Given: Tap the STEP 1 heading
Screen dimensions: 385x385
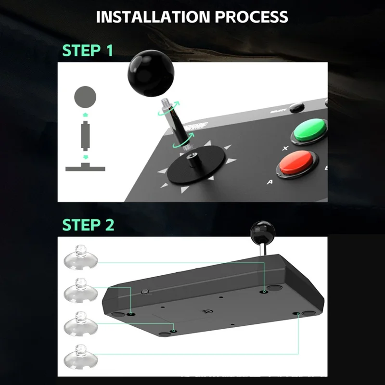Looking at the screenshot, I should tap(88, 50).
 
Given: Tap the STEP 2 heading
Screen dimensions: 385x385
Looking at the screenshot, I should tap(88, 224).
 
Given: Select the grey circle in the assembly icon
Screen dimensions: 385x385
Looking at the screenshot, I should tap(85, 97).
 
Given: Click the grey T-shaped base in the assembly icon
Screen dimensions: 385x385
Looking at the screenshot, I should tap(85, 167).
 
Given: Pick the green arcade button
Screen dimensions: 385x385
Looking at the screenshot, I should tap(310, 129).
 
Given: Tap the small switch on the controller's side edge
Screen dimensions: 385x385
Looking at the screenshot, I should tap(144, 292).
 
